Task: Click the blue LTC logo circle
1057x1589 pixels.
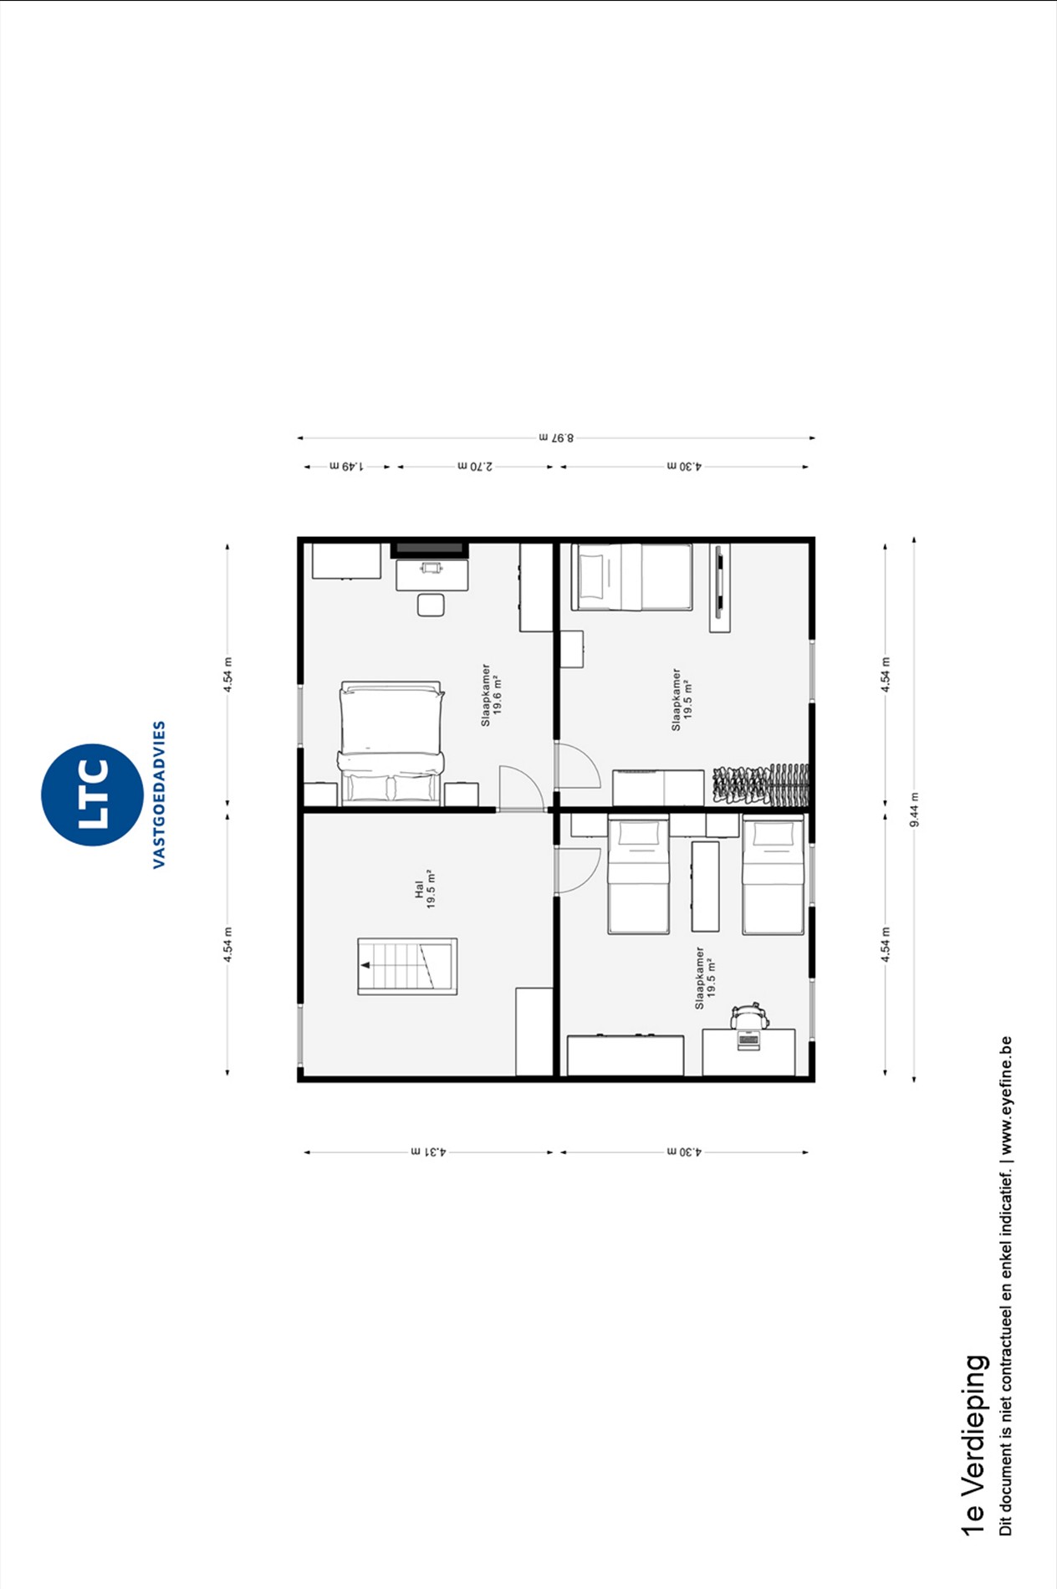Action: pyautogui.click(x=92, y=794)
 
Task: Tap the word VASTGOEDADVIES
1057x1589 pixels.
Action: pyautogui.click(x=159, y=794)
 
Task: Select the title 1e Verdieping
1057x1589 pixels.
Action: pyautogui.click(x=974, y=1445)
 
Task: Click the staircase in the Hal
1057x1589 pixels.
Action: pyautogui.click(x=407, y=967)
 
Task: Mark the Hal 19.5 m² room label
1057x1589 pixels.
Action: pyautogui.click(x=426, y=889)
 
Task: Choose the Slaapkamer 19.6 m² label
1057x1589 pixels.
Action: pyautogui.click(x=492, y=695)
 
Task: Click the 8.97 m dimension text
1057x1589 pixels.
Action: pyautogui.click(x=557, y=437)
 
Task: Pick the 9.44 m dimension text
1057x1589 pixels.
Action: pyautogui.click(x=915, y=810)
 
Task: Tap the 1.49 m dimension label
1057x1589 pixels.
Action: pyautogui.click(x=346, y=466)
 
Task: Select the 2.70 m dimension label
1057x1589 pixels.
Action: pyautogui.click(x=475, y=466)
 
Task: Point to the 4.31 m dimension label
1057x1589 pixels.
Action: pyautogui.click(x=429, y=1152)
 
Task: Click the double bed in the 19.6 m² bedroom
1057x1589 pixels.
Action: pyautogui.click(x=391, y=743)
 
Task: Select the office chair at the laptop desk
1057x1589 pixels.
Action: pyautogui.click(x=749, y=1016)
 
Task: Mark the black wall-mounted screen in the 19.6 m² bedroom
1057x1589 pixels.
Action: pyautogui.click(x=430, y=549)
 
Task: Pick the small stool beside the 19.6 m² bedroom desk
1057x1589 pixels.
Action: pyautogui.click(x=431, y=605)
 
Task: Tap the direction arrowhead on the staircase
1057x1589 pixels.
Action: pyautogui.click(x=365, y=965)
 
